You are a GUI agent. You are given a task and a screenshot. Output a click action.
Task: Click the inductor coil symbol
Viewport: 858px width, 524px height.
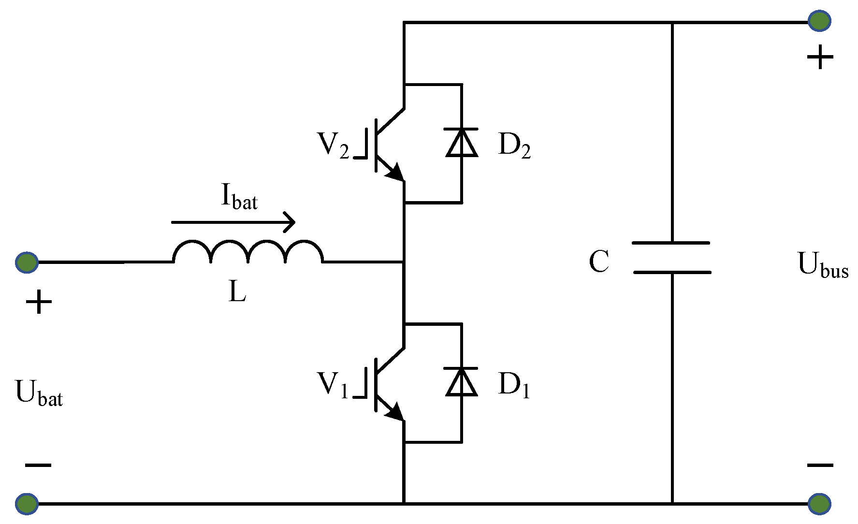click(248, 252)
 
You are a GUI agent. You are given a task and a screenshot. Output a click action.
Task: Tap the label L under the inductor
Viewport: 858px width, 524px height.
click(237, 291)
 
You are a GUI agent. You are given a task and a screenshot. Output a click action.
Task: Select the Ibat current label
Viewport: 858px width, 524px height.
click(239, 197)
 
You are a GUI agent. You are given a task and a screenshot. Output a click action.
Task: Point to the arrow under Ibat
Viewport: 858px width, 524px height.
click(233, 222)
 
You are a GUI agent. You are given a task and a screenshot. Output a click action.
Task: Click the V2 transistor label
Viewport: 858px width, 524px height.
click(333, 145)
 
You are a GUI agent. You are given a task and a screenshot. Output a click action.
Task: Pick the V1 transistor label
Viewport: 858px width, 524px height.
click(333, 385)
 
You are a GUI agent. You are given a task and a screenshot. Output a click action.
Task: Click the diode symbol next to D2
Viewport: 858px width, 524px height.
click(462, 142)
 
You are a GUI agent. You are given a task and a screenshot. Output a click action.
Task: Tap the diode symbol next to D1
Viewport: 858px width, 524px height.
click(462, 382)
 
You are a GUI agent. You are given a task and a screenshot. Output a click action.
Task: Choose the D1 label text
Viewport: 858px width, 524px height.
click(514, 385)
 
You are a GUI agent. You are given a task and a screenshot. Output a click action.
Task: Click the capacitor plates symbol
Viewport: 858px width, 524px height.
click(672, 257)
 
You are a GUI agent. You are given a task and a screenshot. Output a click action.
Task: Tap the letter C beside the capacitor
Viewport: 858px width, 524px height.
click(599, 262)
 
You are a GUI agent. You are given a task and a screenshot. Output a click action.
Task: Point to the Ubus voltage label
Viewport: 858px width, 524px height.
click(823, 265)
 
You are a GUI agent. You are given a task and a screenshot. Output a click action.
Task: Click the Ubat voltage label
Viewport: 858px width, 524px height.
click(39, 393)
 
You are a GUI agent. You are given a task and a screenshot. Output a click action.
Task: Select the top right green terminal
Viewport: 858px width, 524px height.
click(819, 21)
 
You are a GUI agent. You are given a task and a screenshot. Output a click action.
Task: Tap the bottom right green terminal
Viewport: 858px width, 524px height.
click(819, 503)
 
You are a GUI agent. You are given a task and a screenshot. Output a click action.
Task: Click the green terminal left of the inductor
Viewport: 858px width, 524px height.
click(27, 262)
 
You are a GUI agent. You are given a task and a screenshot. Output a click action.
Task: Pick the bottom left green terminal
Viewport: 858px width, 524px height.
click(27, 503)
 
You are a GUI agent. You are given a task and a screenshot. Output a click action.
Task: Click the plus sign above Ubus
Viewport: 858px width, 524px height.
click(820, 58)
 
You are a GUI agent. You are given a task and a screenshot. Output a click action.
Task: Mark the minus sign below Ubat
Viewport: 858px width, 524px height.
click(38, 465)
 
